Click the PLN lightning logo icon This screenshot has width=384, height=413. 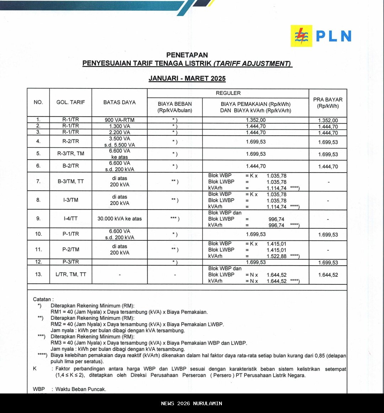click(x=301, y=36)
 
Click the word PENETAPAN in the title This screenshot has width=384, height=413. click(x=187, y=55)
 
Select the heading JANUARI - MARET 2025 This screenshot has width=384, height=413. click(x=187, y=78)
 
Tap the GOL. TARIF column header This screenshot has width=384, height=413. click(x=71, y=102)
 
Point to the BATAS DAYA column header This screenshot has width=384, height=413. click(x=119, y=102)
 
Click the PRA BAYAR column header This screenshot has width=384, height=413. click(x=328, y=103)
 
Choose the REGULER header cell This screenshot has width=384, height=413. click(x=228, y=93)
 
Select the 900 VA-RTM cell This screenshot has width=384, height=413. click(x=119, y=120)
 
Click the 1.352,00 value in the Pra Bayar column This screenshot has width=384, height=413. click(x=328, y=120)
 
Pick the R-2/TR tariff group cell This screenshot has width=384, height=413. click(x=71, y=141)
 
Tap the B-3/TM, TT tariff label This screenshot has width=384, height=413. click(x=71, y=181)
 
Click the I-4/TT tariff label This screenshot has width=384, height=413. click(x=71, y=219)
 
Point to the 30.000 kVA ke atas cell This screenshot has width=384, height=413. click(x=119, y=219)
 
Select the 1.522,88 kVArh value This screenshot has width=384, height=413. click(x=276, y=256)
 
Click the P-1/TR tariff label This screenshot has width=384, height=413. click(x=71, y=234)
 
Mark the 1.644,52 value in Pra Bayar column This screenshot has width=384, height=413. click(x=328, y=275)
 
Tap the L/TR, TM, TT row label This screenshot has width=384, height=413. click(x=71, y=274)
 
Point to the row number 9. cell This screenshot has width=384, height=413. click(x=38, y=219)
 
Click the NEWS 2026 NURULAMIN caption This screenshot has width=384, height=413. click(x=192, y=403)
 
